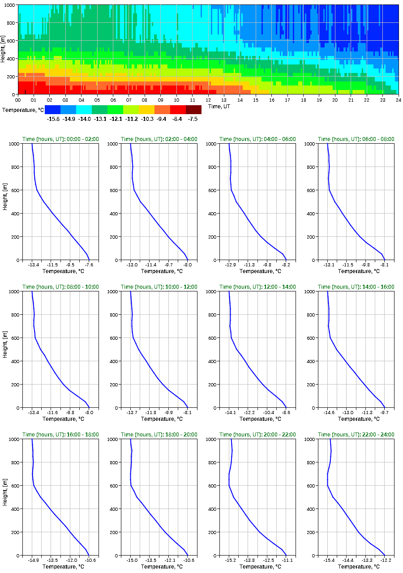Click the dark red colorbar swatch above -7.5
tap(193, 110)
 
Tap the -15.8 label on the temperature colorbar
tap(53, 119)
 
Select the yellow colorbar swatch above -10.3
tap(146, 110)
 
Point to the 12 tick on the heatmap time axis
tap(208, 100)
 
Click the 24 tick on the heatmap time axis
tap(398, 100)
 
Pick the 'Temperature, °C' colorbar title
tap(22, 110)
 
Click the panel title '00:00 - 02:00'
tap(60, 139)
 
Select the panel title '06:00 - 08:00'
tap(356, 139)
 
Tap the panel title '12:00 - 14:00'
tap(257, 287)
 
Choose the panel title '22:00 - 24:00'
tap(356, 435)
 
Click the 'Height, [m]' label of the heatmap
tap(4, 50)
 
